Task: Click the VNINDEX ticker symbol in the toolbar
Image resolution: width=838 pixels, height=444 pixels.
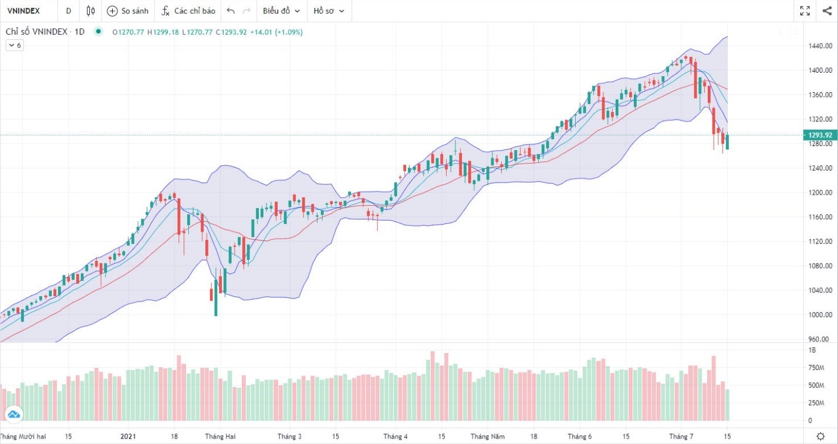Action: click(23, 11)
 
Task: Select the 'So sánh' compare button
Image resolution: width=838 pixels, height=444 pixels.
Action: click(128, 11)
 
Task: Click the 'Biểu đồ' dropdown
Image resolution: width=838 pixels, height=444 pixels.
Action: click(281, 11)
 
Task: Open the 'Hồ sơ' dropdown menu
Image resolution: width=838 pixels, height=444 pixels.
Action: click(329, 11)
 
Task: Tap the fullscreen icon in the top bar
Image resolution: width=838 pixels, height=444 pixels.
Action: click(805, 11)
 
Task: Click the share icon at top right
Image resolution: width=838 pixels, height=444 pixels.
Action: click(827, 11)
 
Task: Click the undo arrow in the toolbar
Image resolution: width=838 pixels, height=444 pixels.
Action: click(231, 11)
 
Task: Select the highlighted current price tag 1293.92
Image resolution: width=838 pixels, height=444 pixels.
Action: click(820, 135)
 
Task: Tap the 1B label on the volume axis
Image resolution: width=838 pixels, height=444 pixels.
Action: click(812, 350)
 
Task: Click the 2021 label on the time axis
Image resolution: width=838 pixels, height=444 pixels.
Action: click(128, 436)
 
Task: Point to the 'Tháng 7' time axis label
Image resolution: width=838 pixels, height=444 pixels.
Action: click(681, 436)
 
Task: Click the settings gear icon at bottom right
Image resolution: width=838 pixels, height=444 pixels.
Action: click(820, 436)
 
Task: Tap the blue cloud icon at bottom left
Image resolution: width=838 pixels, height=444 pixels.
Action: click(14, 415)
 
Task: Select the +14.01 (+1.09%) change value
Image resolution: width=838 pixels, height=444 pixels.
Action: click(276, 32)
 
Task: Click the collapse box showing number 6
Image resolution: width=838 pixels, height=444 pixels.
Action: click(15, 45)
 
